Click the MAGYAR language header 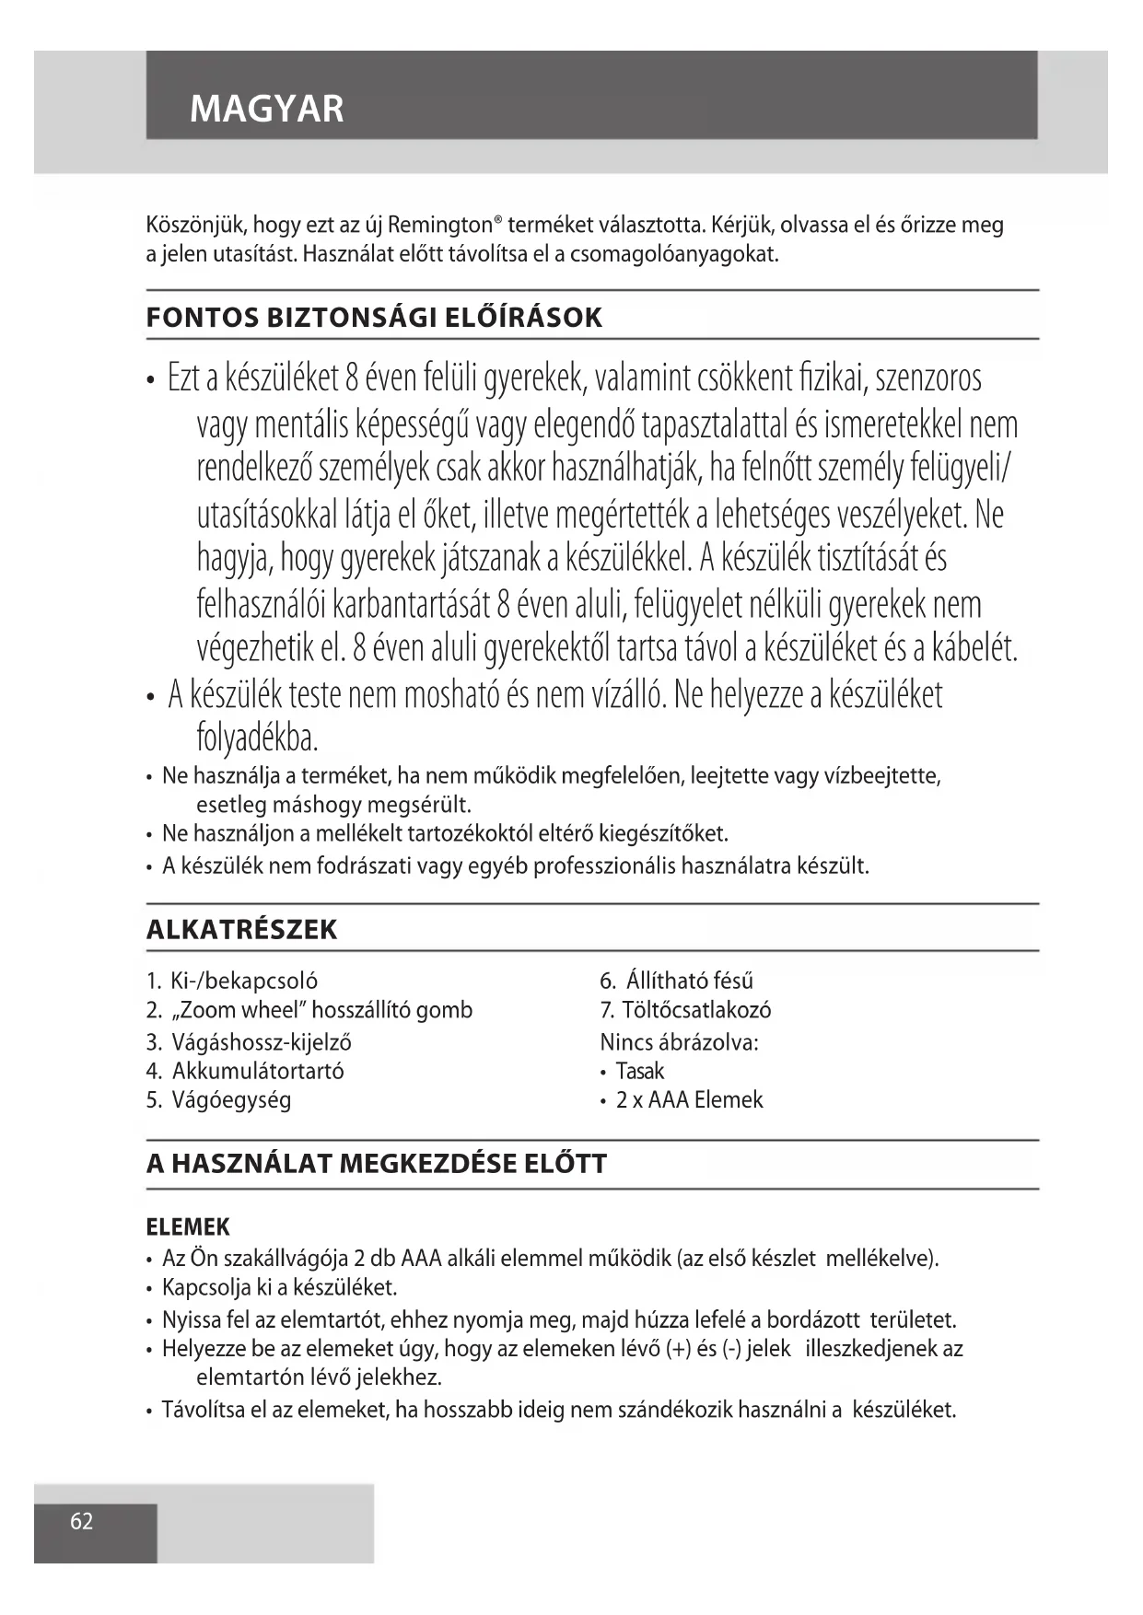[266, 109]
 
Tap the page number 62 [82, 1520]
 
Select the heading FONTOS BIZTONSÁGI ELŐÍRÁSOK [374, 318]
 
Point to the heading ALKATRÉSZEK [241, 929]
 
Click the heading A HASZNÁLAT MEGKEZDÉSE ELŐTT [376, 1164]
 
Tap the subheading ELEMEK [188, 1226]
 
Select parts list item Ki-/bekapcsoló [244, 981]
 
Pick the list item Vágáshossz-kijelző [262, 1042]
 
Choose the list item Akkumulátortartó [258, 1071]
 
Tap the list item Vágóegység [231, 1099]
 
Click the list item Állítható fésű [689, 981]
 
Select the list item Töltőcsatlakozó [696, 1010]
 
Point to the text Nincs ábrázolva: [679, 1042]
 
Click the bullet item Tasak [639, 1071]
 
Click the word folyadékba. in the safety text [258, 738]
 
